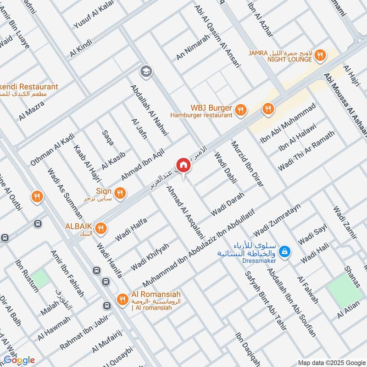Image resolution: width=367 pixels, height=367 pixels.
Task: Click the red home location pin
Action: click(x=183, y=165)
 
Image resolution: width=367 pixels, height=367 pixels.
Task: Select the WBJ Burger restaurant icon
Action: click(x=240, y=110)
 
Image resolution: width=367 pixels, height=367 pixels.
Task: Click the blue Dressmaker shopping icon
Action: click(x=285, y=251)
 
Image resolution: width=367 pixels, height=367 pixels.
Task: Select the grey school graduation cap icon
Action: click(x=146, y=71)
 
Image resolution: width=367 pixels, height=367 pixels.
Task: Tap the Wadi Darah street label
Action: click(x=227, y=205)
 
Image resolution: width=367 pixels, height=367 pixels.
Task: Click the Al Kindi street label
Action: click(x=81, y=48)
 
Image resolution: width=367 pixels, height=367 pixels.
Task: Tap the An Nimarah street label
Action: click(x=193, y=47)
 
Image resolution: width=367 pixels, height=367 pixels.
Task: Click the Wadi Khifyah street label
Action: click(x=150, y=257)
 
